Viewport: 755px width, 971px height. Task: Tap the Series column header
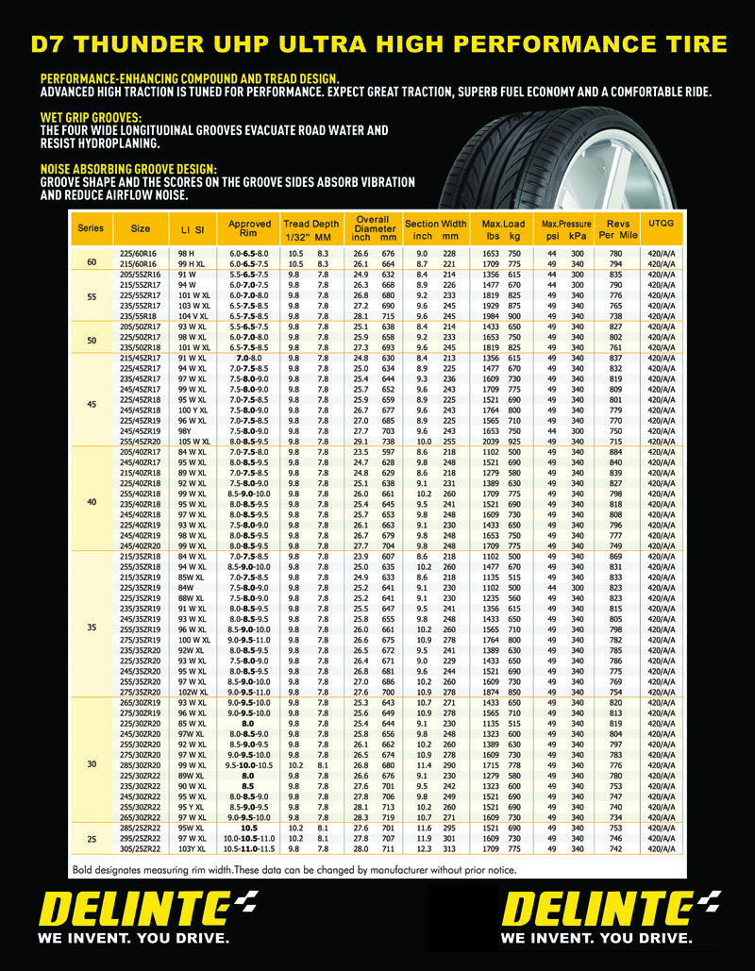pos(91,228)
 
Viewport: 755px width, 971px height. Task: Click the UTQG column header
pos(662,223)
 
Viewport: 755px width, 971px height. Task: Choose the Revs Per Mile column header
pos(617,228)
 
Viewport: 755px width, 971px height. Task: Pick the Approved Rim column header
pos(249,228)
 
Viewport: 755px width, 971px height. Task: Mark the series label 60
pos(92,261)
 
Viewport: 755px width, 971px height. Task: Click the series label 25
pos(92,838)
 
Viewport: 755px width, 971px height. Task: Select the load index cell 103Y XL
pos(192,849)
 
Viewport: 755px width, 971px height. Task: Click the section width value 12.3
pos(424,849)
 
